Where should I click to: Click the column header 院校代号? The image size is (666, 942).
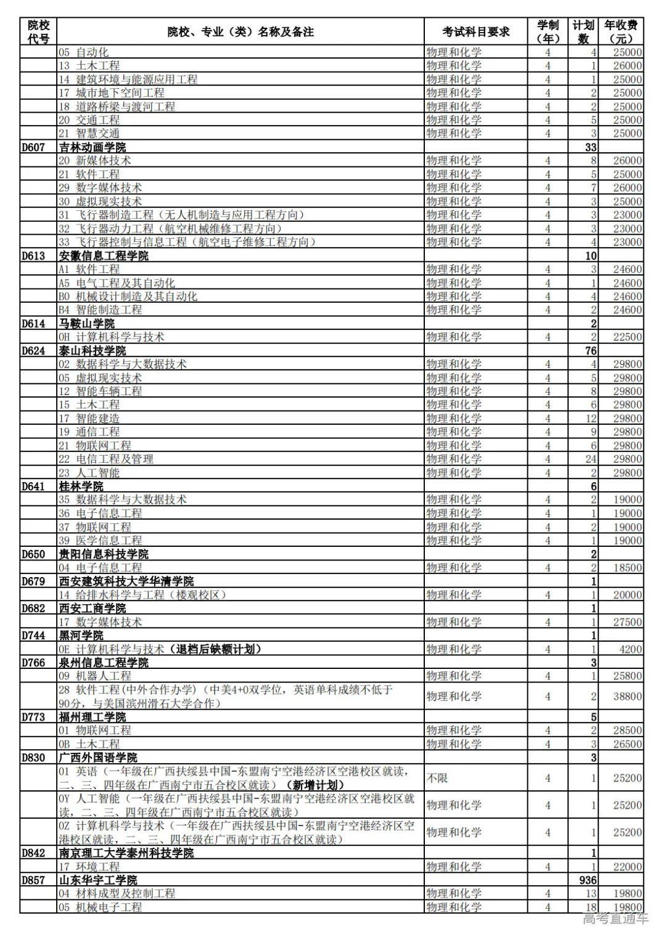tap(38, 31)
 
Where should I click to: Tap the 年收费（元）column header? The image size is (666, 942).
tap(621, 31)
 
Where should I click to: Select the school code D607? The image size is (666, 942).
tap(33, 147)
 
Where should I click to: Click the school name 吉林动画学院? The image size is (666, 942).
tap(92, 147)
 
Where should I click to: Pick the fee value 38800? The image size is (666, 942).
tap(627, 696)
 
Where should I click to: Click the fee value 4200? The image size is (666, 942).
tap(631, 649)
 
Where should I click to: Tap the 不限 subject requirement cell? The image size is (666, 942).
tap(437, 778)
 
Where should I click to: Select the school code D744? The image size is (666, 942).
tap(33, 636)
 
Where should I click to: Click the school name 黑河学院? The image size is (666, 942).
tap(81, 636)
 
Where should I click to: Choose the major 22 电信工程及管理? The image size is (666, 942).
tap(106, 459)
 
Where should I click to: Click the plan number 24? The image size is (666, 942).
tap(591, 459)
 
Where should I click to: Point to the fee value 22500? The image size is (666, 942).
tap(627, 337)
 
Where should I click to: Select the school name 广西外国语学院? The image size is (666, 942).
tap(98, 758)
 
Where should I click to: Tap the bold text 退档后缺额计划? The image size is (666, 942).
tap(218, 649)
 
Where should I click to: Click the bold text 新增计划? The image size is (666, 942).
tap(315, 785)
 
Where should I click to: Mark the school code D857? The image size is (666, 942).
tap(33, 880)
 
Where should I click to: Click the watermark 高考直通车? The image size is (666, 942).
tap(615, 919)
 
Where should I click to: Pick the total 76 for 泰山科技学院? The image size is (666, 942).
tap(591, 351)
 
